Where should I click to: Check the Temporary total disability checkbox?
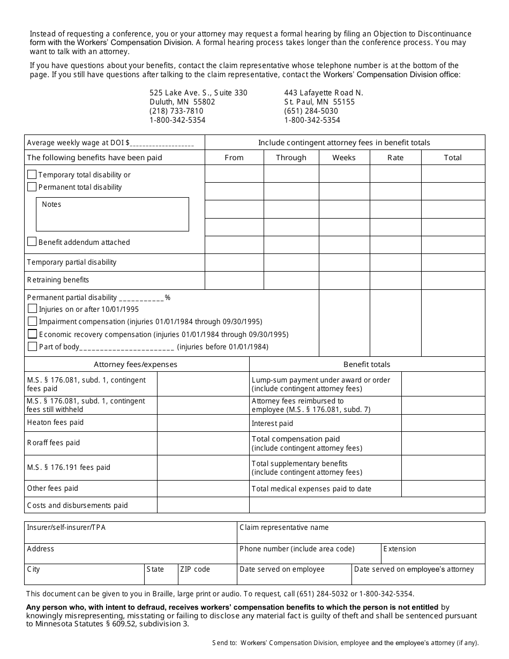(32, 175)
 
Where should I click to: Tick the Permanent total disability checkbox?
(32, 187)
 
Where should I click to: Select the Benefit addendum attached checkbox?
(32, 242)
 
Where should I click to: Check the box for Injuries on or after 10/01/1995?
(32, 309)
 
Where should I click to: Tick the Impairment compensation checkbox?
(32, 321)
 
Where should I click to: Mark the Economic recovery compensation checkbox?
(32, 334)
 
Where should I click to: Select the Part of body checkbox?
(32, 347)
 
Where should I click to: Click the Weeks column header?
(344, 158)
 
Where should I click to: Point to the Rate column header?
(395, 158)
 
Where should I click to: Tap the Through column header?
(291, 158)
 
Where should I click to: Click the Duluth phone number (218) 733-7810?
(176, 111)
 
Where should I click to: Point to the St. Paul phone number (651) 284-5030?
(311, 111)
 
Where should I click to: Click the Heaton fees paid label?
(55, 422)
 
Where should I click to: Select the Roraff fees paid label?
(53, 443)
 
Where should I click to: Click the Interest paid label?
(272, 423)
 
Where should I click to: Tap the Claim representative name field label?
(284, 527)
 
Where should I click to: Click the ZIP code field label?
(195, 569)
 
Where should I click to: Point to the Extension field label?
(400, 549)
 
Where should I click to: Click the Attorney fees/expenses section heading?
(136, 364)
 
